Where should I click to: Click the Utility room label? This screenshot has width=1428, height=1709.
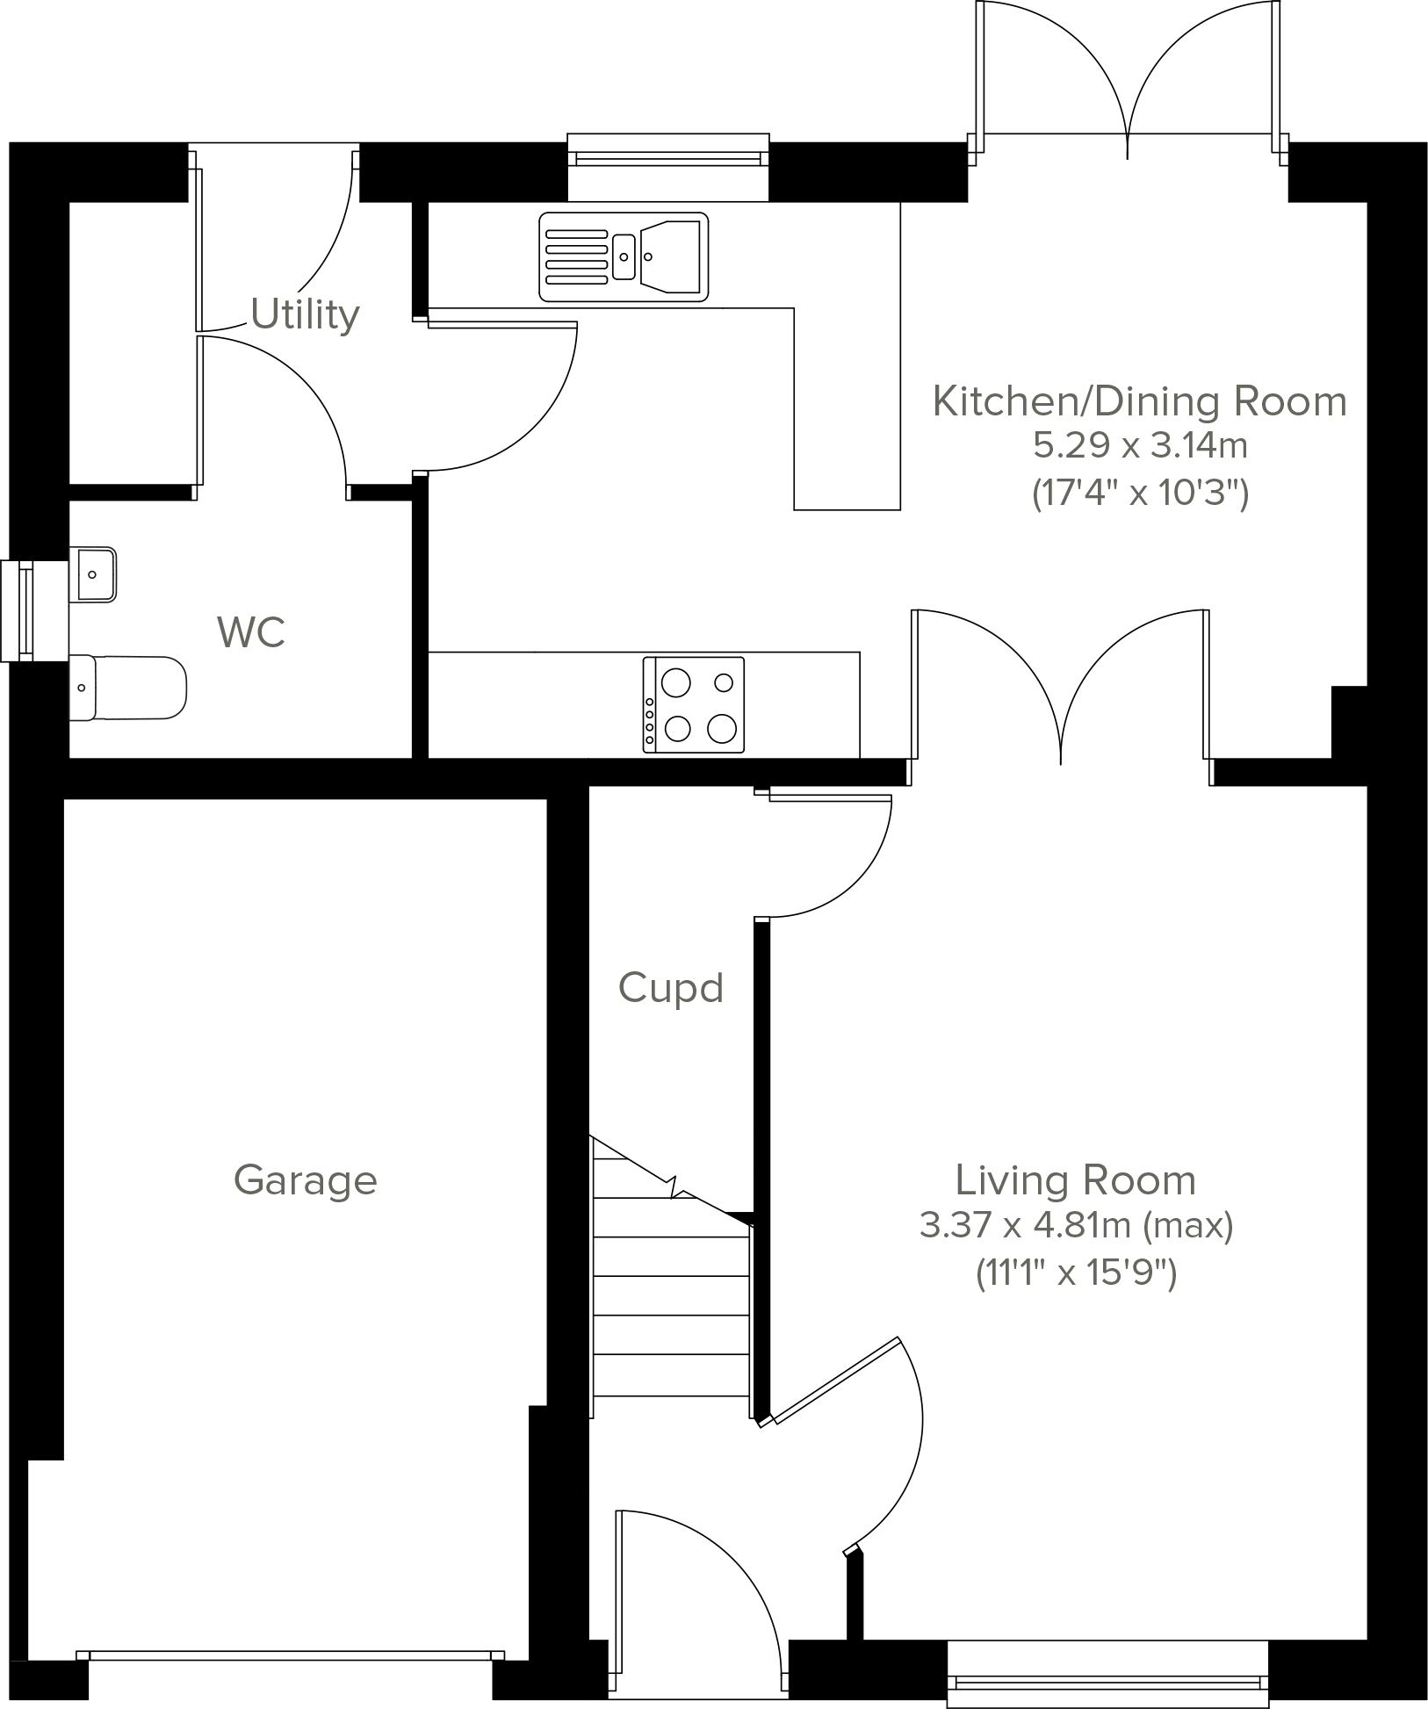[x=305, y=314]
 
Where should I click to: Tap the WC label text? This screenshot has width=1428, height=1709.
[x=251, y=632]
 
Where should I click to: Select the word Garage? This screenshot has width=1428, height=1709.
[x=305, y=1179]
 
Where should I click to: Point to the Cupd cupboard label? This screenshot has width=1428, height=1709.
[x=671, y=988]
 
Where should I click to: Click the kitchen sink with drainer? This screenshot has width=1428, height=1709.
[x=624, y=256]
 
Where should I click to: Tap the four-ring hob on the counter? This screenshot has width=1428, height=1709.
[x=694, y=705]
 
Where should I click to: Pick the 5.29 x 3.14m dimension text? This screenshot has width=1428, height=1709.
[x=1139, y=446]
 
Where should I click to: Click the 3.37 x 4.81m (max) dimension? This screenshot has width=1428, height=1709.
[x=1076, y=1224]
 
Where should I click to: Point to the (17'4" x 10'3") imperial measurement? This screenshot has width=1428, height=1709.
[x=1139, y=493]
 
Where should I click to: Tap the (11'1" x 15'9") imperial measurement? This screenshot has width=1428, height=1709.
[x=1076, y=1272]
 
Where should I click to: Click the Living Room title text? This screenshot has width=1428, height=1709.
[x=1076, y=1179]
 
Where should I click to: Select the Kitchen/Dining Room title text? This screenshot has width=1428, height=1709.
[x=1139, y=401]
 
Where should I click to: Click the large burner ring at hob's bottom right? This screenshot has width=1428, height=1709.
[x=721, y=727]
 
